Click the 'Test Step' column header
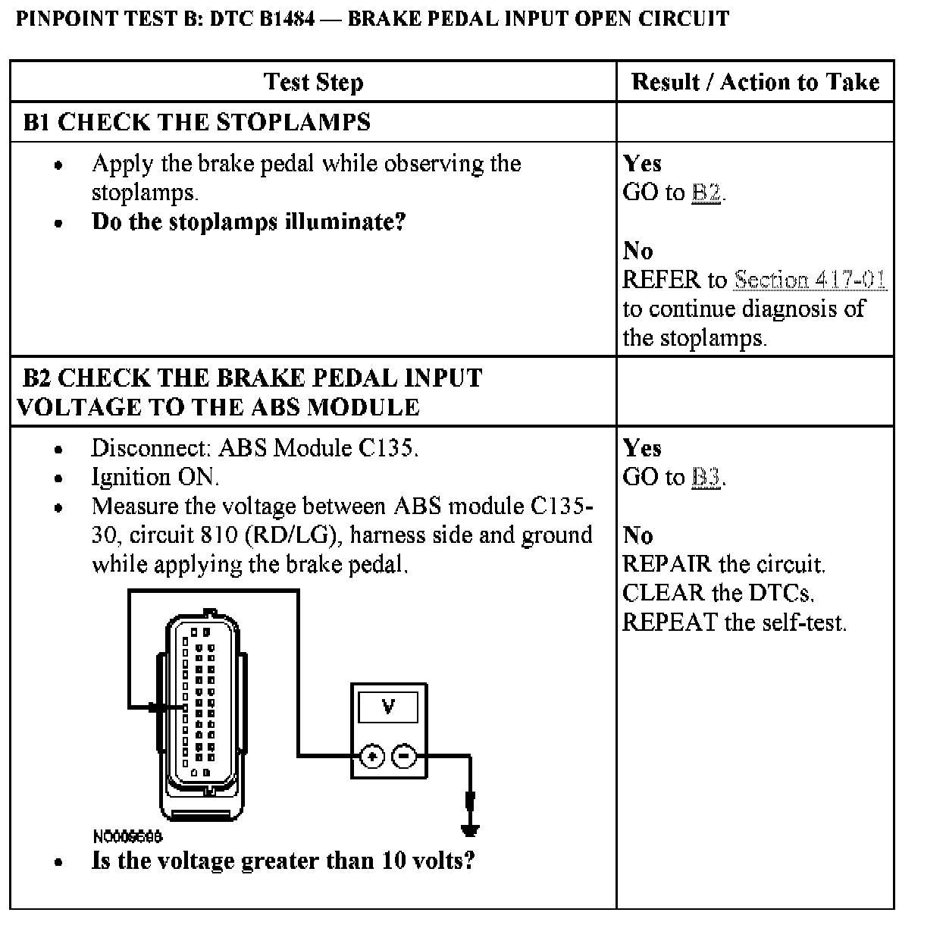coord(313,82)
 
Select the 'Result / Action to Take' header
coord(755,82)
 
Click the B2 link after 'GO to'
coord(706,193)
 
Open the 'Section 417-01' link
coord(810,280)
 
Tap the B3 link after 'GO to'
coord(706,478)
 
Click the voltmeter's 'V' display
coord(389,708)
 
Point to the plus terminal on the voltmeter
coord(372,756)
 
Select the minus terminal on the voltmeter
coord(404,756)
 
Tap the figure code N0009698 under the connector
coord(127,836)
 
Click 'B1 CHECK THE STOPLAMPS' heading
coord(197,122)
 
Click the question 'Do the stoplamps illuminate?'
coord(249,222)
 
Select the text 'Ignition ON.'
coord(155,478)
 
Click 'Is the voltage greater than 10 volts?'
coord(283,861)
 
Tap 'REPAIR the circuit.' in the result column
coord(723,564)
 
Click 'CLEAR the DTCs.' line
coord(719,593)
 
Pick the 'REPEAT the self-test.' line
coord(734,622)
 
